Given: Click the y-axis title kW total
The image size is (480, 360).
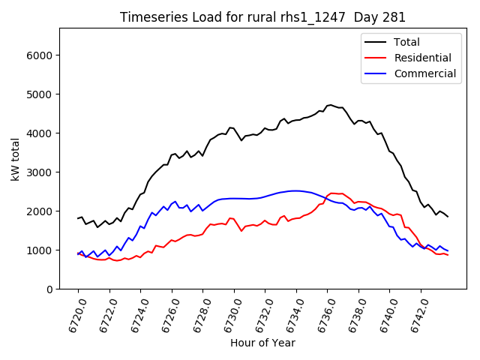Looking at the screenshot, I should click(16, 159).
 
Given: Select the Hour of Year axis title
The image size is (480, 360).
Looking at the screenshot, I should click(262, 343).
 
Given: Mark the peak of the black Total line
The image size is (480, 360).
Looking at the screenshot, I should click(330, 105).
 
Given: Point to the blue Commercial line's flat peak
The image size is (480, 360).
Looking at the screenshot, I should click(297, 190).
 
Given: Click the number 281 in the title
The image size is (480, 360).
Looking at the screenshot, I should click(395, 17).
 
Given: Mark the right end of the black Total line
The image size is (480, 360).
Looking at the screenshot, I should click(448, 217).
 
